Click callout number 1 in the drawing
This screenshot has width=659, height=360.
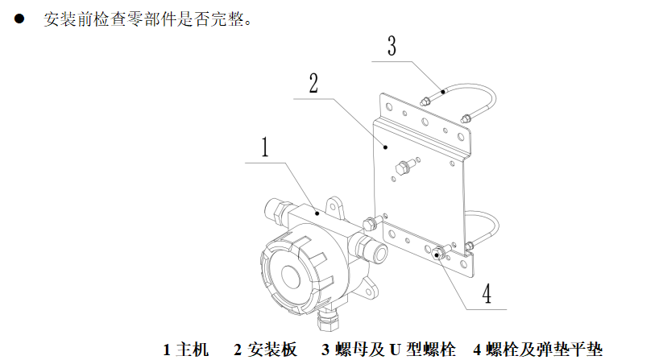click(x=263, y=149)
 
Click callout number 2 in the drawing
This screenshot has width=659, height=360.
click(x=313, y=83)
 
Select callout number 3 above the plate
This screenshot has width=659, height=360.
click(x=391, y=46)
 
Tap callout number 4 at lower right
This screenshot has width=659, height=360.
click(x=487, y=293)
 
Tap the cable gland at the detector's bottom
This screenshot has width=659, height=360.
click(x=329, y=321)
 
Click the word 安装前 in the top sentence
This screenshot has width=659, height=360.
click(x=65, y=18)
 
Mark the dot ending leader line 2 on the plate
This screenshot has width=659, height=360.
click(x=385, y=147)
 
